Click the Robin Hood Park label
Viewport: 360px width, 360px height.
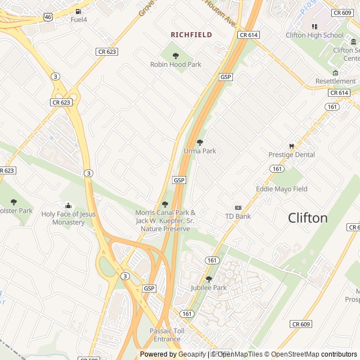click(175, 65)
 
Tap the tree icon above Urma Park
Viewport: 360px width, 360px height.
click(200, 142)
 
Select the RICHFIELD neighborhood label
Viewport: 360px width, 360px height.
click(191, 35)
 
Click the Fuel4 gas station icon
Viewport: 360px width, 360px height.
click(78, 11)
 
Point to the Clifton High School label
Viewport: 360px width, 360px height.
click(322, 35)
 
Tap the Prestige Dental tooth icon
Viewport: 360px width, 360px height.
click(291, 146)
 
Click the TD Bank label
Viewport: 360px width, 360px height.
click(237, 216)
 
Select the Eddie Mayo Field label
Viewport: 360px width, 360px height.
click(281, 189)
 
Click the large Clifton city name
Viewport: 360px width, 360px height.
click(308, 218)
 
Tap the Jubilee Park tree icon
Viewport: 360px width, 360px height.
click(209, 279)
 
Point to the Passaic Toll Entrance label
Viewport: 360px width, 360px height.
click(167, 335)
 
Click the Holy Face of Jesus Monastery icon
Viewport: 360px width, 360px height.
click(69, 206)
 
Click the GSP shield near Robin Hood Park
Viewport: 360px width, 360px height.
click(226, 76)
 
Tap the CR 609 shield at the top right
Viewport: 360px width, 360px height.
click(342, 12)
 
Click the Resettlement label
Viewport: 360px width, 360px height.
click(335, 82)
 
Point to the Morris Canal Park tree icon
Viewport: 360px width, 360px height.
click(165, 204)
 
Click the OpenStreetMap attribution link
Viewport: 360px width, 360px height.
click(292, 354)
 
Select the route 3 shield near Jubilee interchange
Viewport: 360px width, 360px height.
click(124, 276)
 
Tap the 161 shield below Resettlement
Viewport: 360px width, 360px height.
click(332, 106)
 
